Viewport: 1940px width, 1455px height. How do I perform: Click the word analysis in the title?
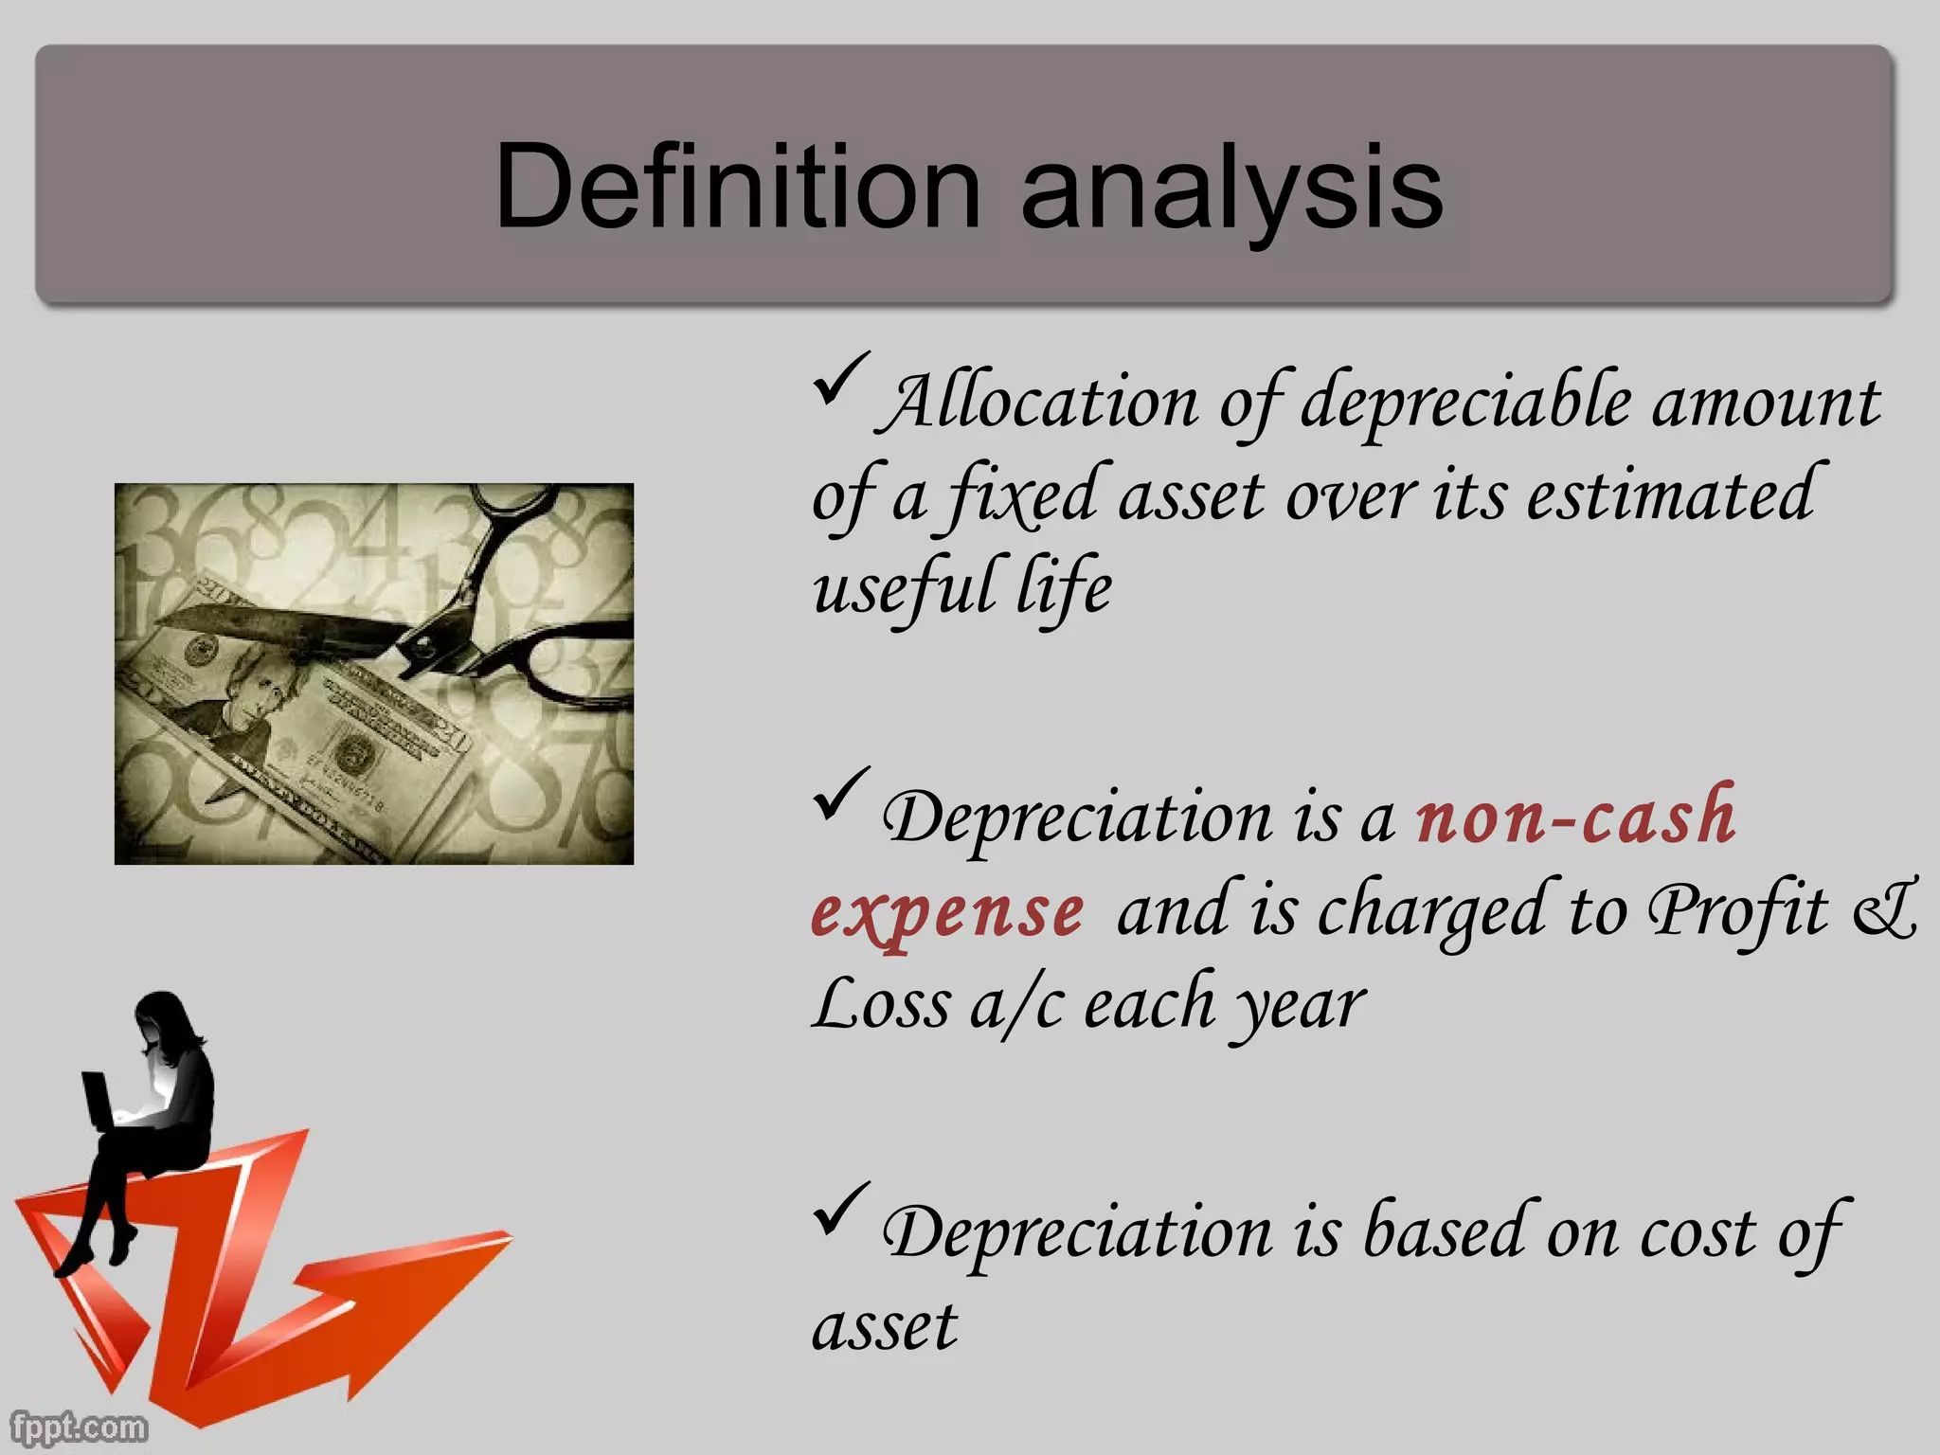click(x=1231, y=189)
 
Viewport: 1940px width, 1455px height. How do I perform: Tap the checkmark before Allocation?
click(x=839, y=379)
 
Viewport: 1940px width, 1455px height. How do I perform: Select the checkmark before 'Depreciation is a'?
click(x=839, y=794)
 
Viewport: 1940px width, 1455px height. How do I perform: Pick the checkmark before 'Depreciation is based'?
click(x=839, y=1209)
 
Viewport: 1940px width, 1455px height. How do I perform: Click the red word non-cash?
click(x=1575, y=817)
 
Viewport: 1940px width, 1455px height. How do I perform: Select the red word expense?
click(x=947, y=911)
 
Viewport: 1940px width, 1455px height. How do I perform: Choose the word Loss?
click(x=881, y=1004)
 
